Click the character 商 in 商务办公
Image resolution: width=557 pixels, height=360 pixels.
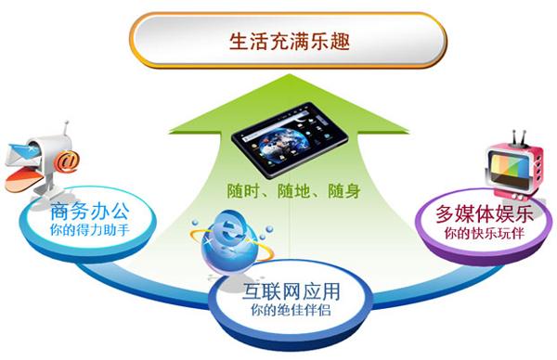[55, 211]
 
